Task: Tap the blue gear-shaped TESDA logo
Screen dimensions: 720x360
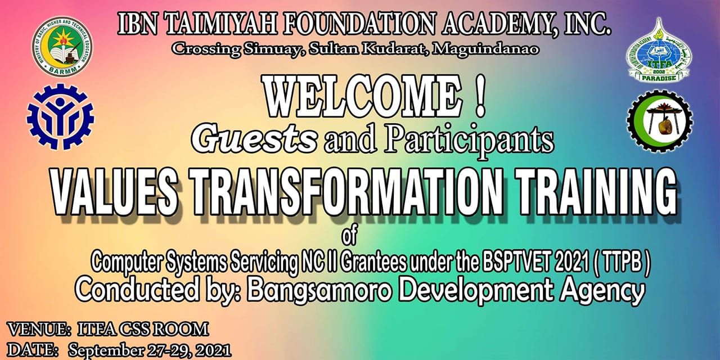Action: point(60,116)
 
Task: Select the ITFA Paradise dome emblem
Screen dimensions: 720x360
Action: point(659,50)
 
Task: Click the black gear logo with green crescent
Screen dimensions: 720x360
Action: point(660,121)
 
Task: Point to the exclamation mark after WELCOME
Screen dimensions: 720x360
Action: point(480,96)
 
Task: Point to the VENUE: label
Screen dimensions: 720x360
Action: point(40,330)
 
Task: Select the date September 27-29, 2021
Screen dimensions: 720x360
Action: point(150,350)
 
